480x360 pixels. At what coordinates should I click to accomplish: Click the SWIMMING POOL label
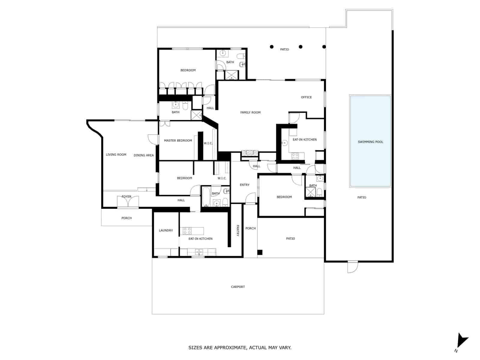click(x=370, y=142)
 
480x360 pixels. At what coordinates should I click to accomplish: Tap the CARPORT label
click(x=238, y=286)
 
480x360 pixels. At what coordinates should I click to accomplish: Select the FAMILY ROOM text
click(x=250, y=112)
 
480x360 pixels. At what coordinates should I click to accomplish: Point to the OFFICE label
click(x=306, y=97)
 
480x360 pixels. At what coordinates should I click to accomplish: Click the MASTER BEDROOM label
click(x=178, y=140)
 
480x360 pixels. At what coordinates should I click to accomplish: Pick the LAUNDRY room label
click(x=166, y=230)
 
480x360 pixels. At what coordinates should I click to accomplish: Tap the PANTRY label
click(x=238, y=231)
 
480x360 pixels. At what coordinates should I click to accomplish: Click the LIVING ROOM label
click(x=116, y=154)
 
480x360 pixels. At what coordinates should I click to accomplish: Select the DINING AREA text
click(x=144, y=155)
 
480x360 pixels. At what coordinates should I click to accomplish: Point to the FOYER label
click(x=126, y=196)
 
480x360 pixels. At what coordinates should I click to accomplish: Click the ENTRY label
click(x=244, y=185)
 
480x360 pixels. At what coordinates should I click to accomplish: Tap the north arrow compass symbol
click(x=462, y=342)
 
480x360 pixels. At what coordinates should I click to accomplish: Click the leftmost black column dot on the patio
click(x=271, y=46)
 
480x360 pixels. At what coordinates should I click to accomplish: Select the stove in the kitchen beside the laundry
click(x=187, y=231)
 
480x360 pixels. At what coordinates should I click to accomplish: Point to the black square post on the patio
click(x=259, y=252)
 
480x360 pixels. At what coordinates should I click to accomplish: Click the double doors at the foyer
click(x=128, y=202)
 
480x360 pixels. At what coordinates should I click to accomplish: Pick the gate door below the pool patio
click(x=352, y=267)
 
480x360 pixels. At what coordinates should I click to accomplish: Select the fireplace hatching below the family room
click(x=250, y=153)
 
